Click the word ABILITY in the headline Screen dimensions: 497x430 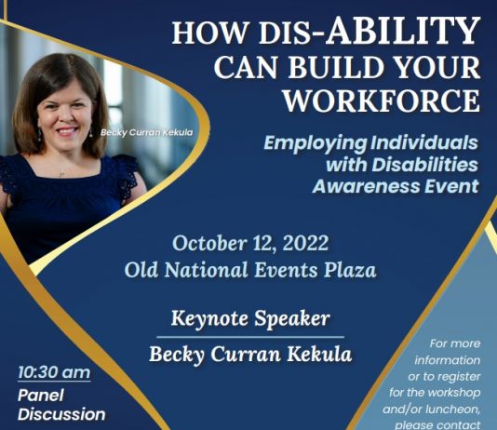click(403, 30)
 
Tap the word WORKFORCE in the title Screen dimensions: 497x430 click(382, 101)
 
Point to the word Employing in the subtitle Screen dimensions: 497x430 click(316, 143)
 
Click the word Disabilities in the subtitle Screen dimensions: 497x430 click(424, 165)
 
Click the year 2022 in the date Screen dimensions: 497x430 click(305, 243)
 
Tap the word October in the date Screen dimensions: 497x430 click(209, 243)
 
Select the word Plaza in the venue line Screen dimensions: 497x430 click(350, 271)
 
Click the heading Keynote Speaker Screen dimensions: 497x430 click(250, 318)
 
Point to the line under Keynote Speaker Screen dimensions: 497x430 click(250, 337)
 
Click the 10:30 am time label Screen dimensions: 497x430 click(54, 372)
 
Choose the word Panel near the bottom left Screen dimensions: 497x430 click(41, 396)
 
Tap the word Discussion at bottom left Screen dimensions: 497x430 click(61, 414)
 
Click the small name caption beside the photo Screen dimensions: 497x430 click(146, 132)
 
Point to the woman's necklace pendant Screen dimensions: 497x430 click(61, 174)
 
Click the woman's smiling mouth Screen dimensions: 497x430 click(67, 130)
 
